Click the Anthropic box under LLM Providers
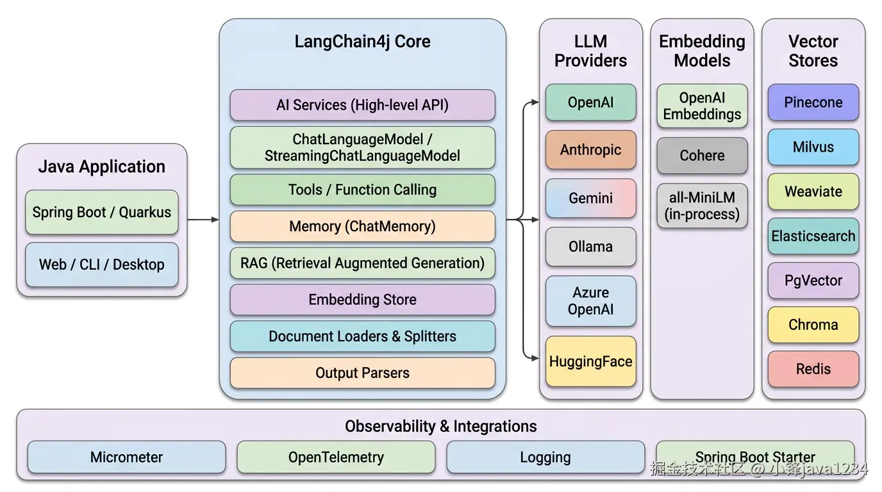point(590,150)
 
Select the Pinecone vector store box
point(813,102)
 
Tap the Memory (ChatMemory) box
point(362,226)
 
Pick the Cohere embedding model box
point(702,156)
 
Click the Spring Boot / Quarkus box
point(102,212)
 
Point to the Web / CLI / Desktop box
point(102,264)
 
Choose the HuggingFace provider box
point(590,361)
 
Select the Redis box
point(813,369)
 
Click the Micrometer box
point(126,457)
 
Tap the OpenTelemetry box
point(336,457)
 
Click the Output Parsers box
point(362,373)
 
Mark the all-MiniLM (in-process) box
point(702,206)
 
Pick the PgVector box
point(813,281)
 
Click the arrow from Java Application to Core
point(203,220)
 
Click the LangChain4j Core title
point(362,42)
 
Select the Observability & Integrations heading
point(440,426)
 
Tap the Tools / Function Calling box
point(362,190)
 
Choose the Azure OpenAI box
point(590,301)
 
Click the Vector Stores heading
point(813,51)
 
